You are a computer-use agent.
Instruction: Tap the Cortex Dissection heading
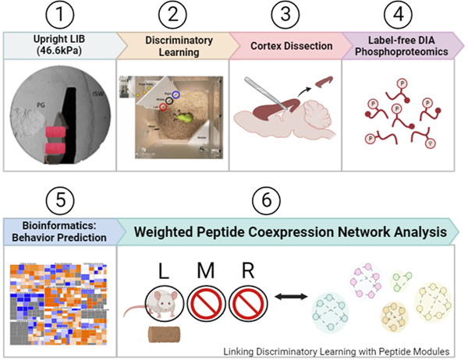point(286,44)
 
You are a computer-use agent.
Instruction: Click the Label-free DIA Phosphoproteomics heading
point(402,44)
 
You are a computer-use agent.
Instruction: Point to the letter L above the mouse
point(163,272)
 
